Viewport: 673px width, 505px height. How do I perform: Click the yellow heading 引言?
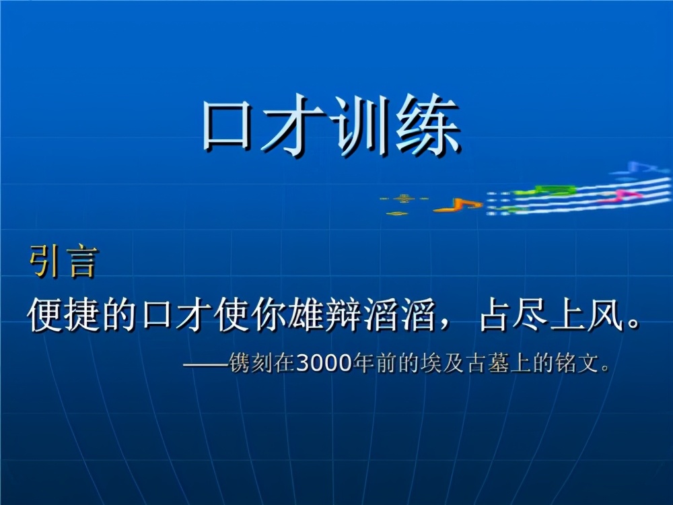(x=63, y=262)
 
